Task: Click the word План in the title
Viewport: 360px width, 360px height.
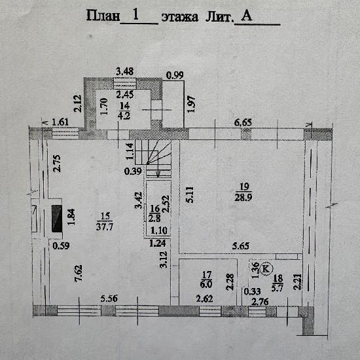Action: (x=103, y=16)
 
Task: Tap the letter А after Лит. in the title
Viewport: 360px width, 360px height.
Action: (x=246, y=16)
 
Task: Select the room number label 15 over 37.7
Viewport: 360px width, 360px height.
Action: (x=105, y=221)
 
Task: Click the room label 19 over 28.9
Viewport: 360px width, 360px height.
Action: (x=243, y=192)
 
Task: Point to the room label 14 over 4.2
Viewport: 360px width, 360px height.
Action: (x=124, y=111)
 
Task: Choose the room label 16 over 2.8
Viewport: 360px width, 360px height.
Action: (x=154, y=214)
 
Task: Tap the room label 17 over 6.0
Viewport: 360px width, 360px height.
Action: (x=206, y=279)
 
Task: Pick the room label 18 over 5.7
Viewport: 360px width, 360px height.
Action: (x=278, y=283)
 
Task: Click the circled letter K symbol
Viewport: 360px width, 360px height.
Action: (x=266, y=268)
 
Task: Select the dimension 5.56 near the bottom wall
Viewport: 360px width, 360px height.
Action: (x=109, y=298)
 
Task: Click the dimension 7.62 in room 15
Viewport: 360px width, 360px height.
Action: (x=79, y=273)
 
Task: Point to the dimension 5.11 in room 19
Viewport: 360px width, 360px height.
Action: (x=190, y=194)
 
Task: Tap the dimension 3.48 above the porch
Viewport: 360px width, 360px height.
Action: (x=124, y=71)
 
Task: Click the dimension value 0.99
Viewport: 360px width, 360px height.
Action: (x=175, y=75)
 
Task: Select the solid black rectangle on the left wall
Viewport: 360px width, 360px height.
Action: (x=57, y=219)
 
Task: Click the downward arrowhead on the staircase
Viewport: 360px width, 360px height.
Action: (x=158, y=175)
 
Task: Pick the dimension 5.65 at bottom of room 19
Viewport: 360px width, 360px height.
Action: (x=241, y=246)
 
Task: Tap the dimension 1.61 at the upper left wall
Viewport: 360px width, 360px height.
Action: (x=60, y=122)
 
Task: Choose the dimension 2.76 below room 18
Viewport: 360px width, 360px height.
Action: (x=260, y=302)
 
